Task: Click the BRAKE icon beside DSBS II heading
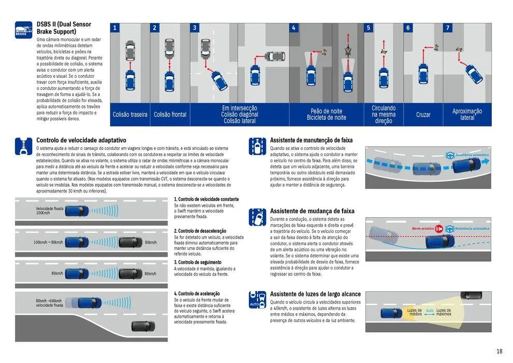point(23,30)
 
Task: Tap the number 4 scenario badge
point(294,28)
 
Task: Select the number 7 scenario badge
point(448,28)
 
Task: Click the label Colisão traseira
point(130,115)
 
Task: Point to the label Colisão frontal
point(170,115)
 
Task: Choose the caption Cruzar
point(423,115)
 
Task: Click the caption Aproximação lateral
point(467,115)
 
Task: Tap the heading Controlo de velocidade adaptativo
point(81,140)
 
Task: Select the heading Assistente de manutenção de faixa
point(311,140)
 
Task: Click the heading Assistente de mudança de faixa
point(312,211)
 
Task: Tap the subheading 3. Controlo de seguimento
point(197,262)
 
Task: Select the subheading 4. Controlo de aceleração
point(196,294)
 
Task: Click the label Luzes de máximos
point(444,312)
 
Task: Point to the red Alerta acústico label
point(423,228)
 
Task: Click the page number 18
point(499,351)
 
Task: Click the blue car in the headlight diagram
point(389,313)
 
